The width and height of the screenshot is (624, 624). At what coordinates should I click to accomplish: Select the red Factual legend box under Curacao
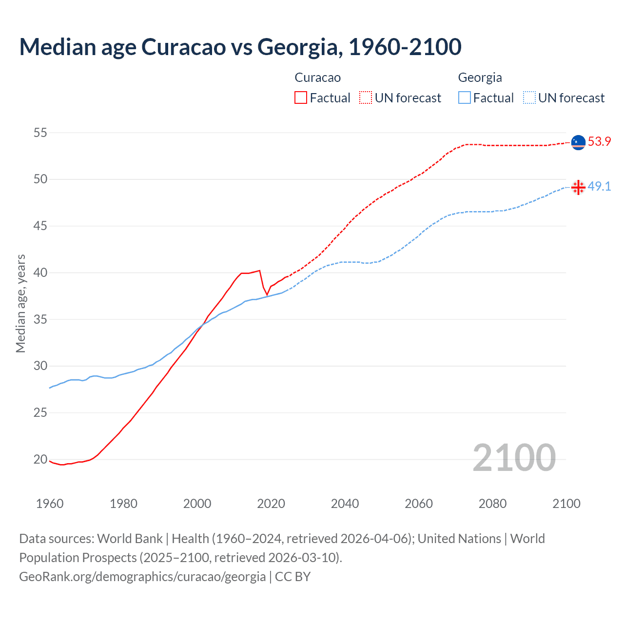click(x=301, y=97)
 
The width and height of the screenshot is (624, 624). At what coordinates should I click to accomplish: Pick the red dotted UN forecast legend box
click(x=366, y=97)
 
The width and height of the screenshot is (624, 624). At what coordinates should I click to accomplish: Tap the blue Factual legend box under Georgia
click(x=465, y=97)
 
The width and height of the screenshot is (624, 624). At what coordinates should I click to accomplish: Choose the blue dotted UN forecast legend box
click(x=529, y=97)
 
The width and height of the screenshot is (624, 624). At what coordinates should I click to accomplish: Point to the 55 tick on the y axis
click(x=40, y=133)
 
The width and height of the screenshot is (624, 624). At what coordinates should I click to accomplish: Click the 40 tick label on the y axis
click(x=40, y=273)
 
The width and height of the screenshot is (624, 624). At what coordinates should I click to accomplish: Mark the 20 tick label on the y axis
click(x=40, y=459)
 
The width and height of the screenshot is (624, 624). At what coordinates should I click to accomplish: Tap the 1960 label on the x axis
click(x=50, y=504)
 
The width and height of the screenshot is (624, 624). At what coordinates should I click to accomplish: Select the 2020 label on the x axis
click(x=271, y=504)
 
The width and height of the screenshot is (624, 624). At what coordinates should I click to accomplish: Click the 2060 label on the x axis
click(x=419, y=504)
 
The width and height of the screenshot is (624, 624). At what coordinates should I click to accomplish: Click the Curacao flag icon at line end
click(x=578, y=142)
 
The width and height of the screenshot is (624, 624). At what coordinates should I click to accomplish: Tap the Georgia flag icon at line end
click(x=578, y=187)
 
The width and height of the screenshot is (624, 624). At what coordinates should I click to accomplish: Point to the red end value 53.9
click(x=599, y=142)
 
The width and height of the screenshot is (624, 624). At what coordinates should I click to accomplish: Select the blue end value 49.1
click(x=599, y=187)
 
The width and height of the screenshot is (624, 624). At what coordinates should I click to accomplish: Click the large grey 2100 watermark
click(x=514, y=457)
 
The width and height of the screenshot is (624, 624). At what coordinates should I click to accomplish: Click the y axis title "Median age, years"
click(x=20, y=303)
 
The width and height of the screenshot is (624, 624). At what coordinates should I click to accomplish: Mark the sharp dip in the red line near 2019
click(x=267, y=294)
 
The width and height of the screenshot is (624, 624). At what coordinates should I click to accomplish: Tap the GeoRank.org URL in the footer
click(x=142, y=577)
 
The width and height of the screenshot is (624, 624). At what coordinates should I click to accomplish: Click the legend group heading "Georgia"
click(x=480, y=78)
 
